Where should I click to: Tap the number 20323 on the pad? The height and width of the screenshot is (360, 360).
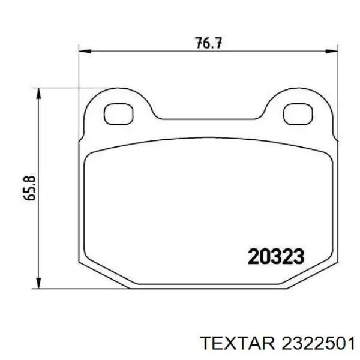(x=276, y=256)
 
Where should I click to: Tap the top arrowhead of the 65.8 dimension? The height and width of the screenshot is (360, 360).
(x=40, y=92)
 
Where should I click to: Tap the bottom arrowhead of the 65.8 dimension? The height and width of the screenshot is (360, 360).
(x=40, y=283)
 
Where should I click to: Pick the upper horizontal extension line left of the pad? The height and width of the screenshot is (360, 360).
(x=60, y=88)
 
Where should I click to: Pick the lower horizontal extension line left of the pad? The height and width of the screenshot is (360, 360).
(x=60, y=287)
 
